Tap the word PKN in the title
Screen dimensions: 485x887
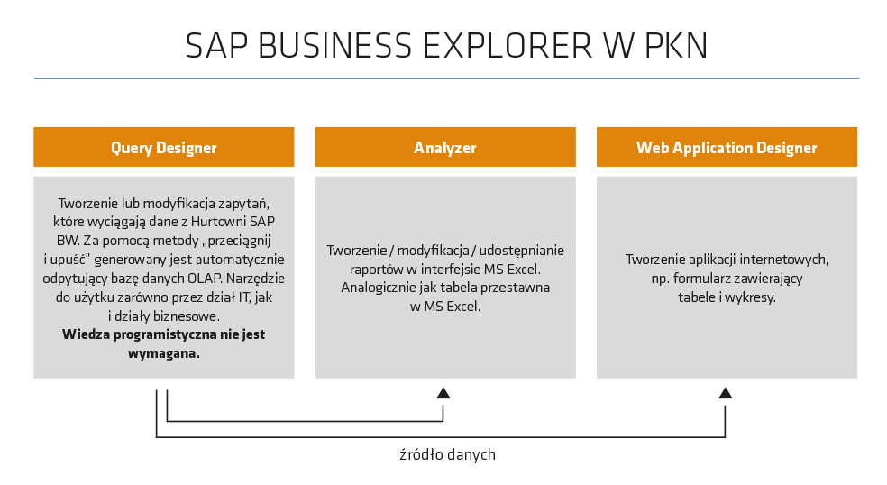click(x=675, y=46)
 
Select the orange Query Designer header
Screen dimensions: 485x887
click(x=164, y=148)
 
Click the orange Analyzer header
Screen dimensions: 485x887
click(x=445, y=148)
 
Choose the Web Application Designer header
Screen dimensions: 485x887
click(x=727, y=148)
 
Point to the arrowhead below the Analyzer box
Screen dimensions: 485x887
click(x=443, y=393)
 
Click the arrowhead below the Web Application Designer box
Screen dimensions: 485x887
click(x=726, y=393)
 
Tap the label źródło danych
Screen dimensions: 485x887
click(x=447, y=455)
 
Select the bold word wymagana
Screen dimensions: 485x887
click(x=164, y=353)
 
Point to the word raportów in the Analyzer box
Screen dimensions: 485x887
click(x=377, y=269)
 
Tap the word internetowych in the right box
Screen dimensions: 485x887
click(x=787, y=260)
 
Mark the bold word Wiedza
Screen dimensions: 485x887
click(x=84, y=334)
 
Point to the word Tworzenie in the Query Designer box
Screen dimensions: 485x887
click(x=87, y=203)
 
